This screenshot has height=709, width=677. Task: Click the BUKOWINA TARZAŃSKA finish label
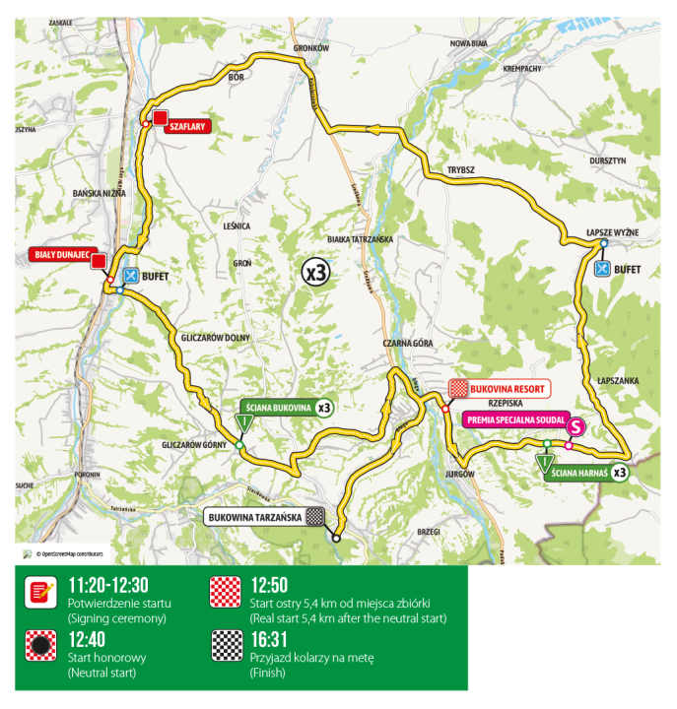[254, 515]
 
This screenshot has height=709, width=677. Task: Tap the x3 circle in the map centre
[315, 274]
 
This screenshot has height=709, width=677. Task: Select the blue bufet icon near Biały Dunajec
[130, 276]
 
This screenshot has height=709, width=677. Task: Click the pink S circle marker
[577, 427]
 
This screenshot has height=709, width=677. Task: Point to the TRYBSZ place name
[461, 169]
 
